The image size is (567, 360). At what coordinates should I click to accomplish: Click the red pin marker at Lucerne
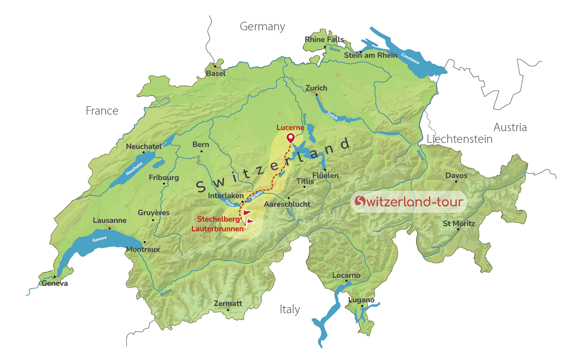click(290, 138)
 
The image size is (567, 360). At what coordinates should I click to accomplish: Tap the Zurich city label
click(316, 88)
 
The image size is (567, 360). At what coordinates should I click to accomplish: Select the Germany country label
click(262, 27)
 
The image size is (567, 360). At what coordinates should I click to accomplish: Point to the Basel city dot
click(215, 67)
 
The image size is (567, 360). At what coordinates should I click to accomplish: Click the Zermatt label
click(228, 303)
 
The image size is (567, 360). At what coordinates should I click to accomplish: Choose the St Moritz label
click(459, 223)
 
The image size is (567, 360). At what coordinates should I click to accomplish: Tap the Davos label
click(456, 176)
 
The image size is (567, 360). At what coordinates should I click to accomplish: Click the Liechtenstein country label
click(459, 139)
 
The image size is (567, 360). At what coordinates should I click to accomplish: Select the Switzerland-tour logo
click(409, 201)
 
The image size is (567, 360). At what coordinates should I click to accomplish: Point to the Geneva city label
click(55, 283)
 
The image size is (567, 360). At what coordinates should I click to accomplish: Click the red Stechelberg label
click(218, 219)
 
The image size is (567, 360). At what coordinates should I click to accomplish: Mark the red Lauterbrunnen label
click(217, 229)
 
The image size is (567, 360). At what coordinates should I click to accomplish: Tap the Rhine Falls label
click(324, 40)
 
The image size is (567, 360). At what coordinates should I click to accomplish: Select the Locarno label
click(346, 275)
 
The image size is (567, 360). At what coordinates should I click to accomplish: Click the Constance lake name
click(410, 59)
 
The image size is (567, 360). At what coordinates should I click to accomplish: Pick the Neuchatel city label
click(144, 147)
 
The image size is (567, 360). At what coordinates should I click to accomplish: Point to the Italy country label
click(290, 310)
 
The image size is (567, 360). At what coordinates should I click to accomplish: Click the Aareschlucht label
click(287, 204)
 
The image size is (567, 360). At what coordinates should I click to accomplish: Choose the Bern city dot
click(202, 151)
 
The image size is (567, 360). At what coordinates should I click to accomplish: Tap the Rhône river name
click(166, 293)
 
